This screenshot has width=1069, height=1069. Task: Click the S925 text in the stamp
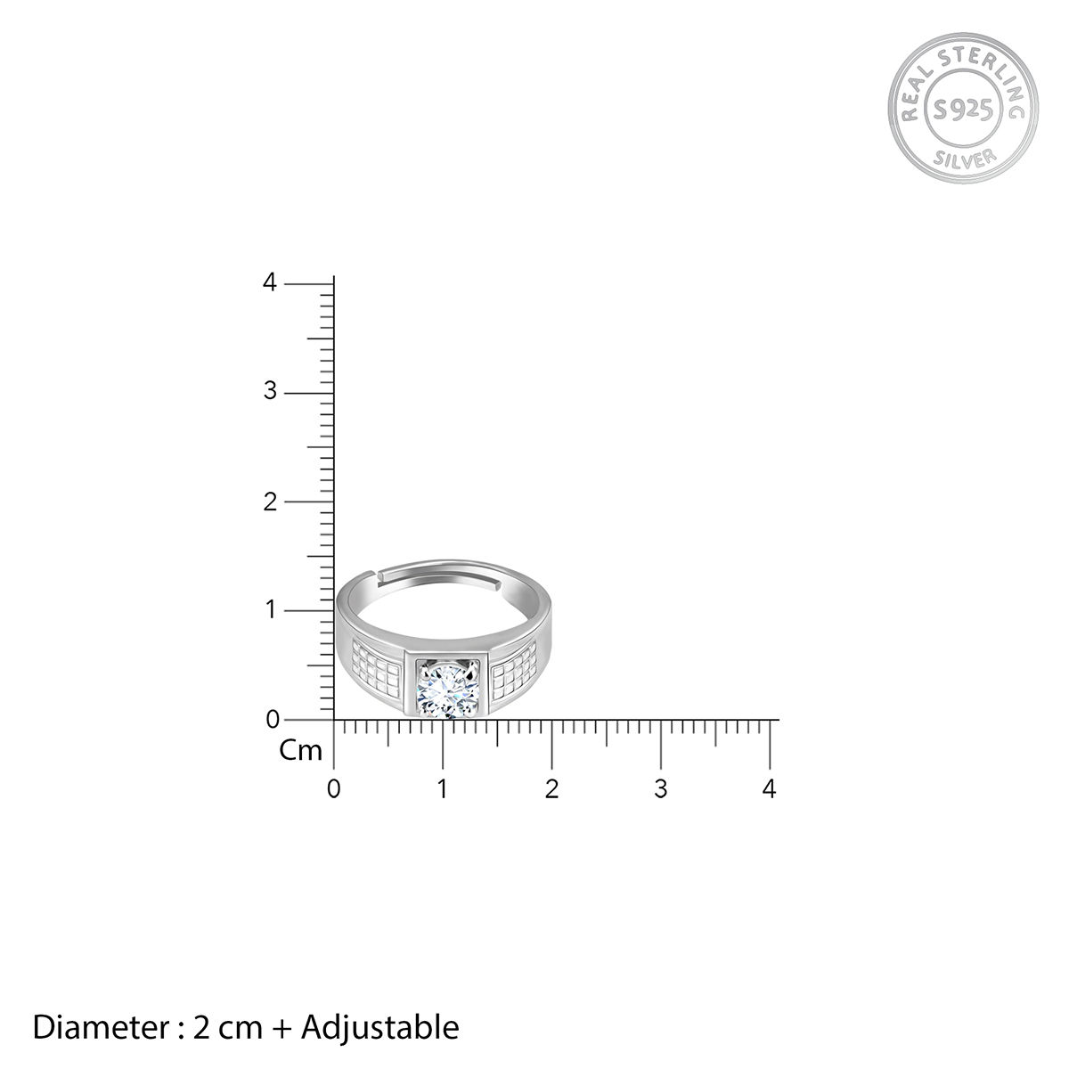pyautogui.click(x=962, y=110)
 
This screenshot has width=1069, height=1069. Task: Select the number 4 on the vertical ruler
pyautogui.click(x=270, y=282)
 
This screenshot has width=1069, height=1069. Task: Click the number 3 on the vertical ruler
pyautogui.click(x=270, y=391)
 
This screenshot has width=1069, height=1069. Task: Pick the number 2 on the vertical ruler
pyautogui.click(x=270, y=502)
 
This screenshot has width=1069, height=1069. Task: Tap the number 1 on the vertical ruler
pyautogui.click(x=271, y=609)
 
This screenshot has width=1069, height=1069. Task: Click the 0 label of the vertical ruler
pyautogui.click(x=273, y=720)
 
